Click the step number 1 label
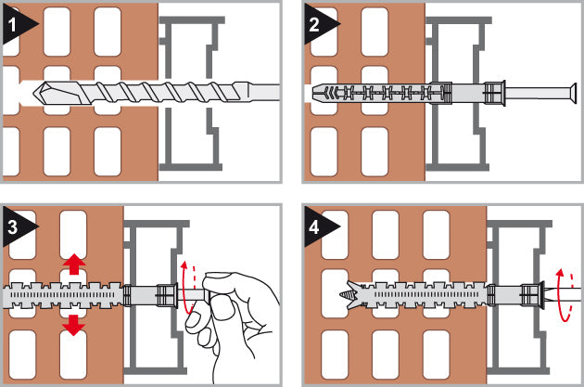tap(12, 25)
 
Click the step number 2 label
tap(314, 25)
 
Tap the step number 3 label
tap(12, 227)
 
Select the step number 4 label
tap(314, 227)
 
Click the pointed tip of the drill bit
tap(34, 93)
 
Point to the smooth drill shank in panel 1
tap(263, 93)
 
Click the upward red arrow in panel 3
tap(74, 264)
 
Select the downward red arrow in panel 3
tap(74, 326)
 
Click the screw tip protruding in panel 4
tap(345, 295)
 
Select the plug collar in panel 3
tap(166, 296)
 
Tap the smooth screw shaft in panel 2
tap(536, 93)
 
